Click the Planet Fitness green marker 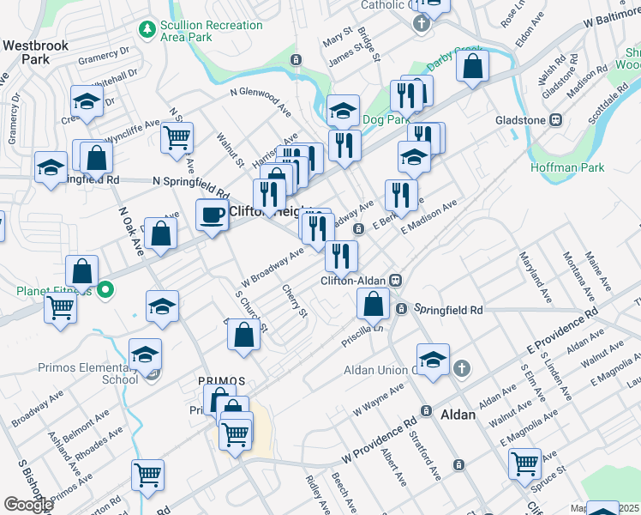105,290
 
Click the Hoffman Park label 566,167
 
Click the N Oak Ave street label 130,233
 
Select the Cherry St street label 296,301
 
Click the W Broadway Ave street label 273,267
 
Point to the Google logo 28,504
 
